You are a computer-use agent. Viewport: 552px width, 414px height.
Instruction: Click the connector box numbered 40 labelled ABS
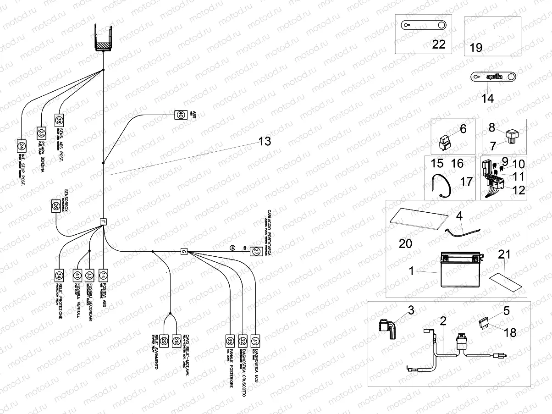(181, 115)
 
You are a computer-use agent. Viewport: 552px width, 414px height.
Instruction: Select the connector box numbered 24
(22, 145)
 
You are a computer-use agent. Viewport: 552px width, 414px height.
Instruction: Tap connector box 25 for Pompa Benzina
(41, 133)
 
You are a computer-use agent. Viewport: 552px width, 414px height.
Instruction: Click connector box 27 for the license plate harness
(255, 251)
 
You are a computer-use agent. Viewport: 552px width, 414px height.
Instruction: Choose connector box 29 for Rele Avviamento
(164, 340)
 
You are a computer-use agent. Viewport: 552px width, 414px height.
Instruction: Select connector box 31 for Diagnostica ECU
(255, 340)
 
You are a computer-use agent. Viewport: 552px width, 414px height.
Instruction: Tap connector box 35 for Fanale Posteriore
(230, 340)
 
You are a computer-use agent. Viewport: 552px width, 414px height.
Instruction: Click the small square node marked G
(183, 251)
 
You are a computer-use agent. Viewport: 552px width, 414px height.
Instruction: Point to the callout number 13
(265, 142)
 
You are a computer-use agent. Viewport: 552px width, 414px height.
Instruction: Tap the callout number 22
(439, 44)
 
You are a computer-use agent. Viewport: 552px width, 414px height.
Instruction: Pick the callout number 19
(476, 48)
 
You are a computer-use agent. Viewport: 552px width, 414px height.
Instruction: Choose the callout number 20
(405, 243)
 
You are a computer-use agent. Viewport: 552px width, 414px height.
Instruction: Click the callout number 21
(504, 254)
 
